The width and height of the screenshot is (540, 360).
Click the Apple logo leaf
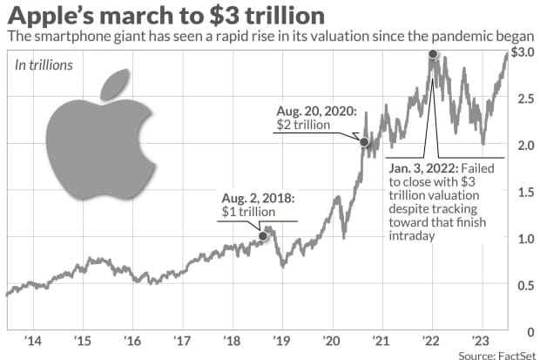click(115, 84)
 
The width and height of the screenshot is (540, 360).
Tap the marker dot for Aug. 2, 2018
click(263, 236)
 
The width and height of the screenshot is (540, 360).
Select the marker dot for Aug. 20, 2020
click(364, 142)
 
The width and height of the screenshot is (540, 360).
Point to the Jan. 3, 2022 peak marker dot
click(433, 55)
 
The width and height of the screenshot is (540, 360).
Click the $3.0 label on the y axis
click(522, 53)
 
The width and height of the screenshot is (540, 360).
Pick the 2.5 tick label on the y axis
click(521, 98)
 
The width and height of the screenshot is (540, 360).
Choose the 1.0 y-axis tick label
click(521, 238)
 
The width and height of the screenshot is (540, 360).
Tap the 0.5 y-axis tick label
click(521, 284)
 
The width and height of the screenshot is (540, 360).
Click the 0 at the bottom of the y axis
click(527, 330)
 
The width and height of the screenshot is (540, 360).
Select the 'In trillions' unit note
click(42, 65)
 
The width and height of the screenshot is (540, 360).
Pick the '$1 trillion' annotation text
click(246, 212)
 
